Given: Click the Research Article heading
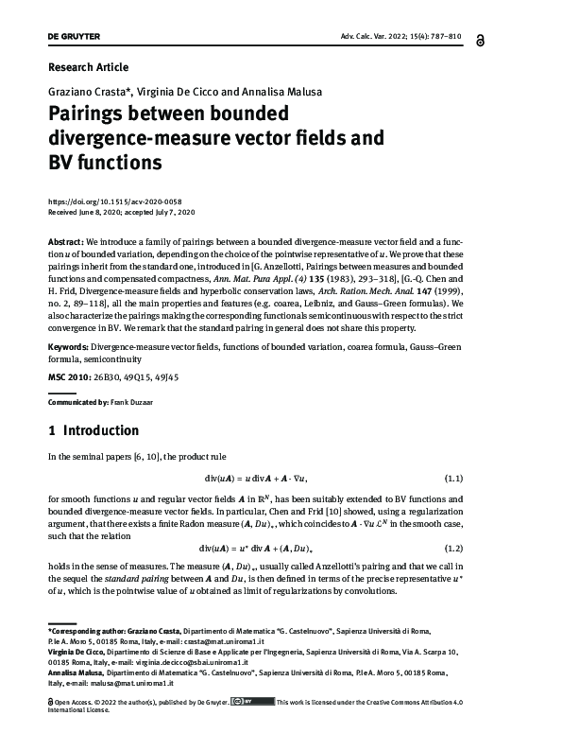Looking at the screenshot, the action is pos(88,67).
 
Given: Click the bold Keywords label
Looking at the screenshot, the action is pos(68,348).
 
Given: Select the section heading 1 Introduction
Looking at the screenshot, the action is pos(93,430).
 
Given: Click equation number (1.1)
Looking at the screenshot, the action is pos(499,477).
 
